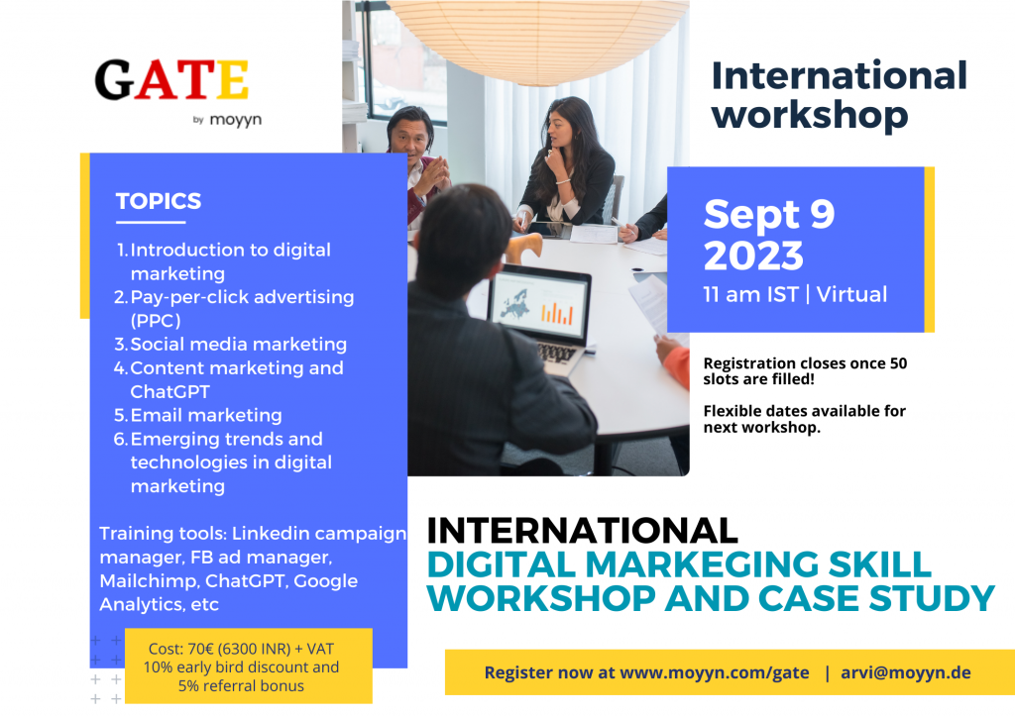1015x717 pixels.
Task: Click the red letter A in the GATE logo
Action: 157,80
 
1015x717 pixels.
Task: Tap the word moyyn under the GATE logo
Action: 236,120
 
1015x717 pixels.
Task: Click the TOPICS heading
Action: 159,201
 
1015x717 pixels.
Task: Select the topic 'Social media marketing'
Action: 238,344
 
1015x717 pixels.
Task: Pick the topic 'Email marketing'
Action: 206,415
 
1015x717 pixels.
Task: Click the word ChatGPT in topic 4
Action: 169,392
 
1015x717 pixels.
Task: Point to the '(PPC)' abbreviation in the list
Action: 156,321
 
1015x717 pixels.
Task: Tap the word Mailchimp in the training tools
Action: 149,581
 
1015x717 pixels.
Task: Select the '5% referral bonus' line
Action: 241,685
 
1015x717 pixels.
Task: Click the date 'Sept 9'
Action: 769,215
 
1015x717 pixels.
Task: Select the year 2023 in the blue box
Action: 753,256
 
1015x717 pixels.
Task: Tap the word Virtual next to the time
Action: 851,294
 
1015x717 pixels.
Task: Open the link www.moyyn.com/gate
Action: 715,672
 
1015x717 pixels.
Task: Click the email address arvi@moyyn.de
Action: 906,672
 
